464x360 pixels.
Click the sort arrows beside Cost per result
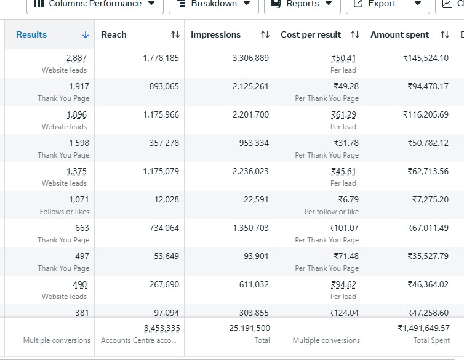pyautogui.click(x=355, y=34)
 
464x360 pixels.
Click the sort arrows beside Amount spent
pyautogui.click(x=445, y=34)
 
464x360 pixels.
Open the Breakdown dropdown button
pyautogui.click(x=214, y=4)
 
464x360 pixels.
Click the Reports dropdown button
pyautogui.click(x=302, y=4)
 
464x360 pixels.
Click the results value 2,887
pyautogui.click(x=76, y=58)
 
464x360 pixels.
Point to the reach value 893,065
pyautogui.click(x=164, y=86)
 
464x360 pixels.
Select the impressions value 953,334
pyautogui.click(x=254, y=143)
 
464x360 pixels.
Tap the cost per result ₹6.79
pyautogui.click(x=348, y=199)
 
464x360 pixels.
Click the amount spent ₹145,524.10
pyautogui.click(x=426, y=58)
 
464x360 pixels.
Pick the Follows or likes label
pyautogui.click(x=65, y=212)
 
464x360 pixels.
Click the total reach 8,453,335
pyautogui.click(x=162, y=328)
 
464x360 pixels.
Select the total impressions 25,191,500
pyautogui.click(x=249, y=328)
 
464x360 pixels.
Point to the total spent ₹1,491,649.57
pyautogui.click(x=424, y=328)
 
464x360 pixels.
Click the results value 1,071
pyautogui.click(x=79, y=199)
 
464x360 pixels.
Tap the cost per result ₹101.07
pyautogui.click(x=344, y=228)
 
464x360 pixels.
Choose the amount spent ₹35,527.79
pyautogui.click(x=428, y=256)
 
